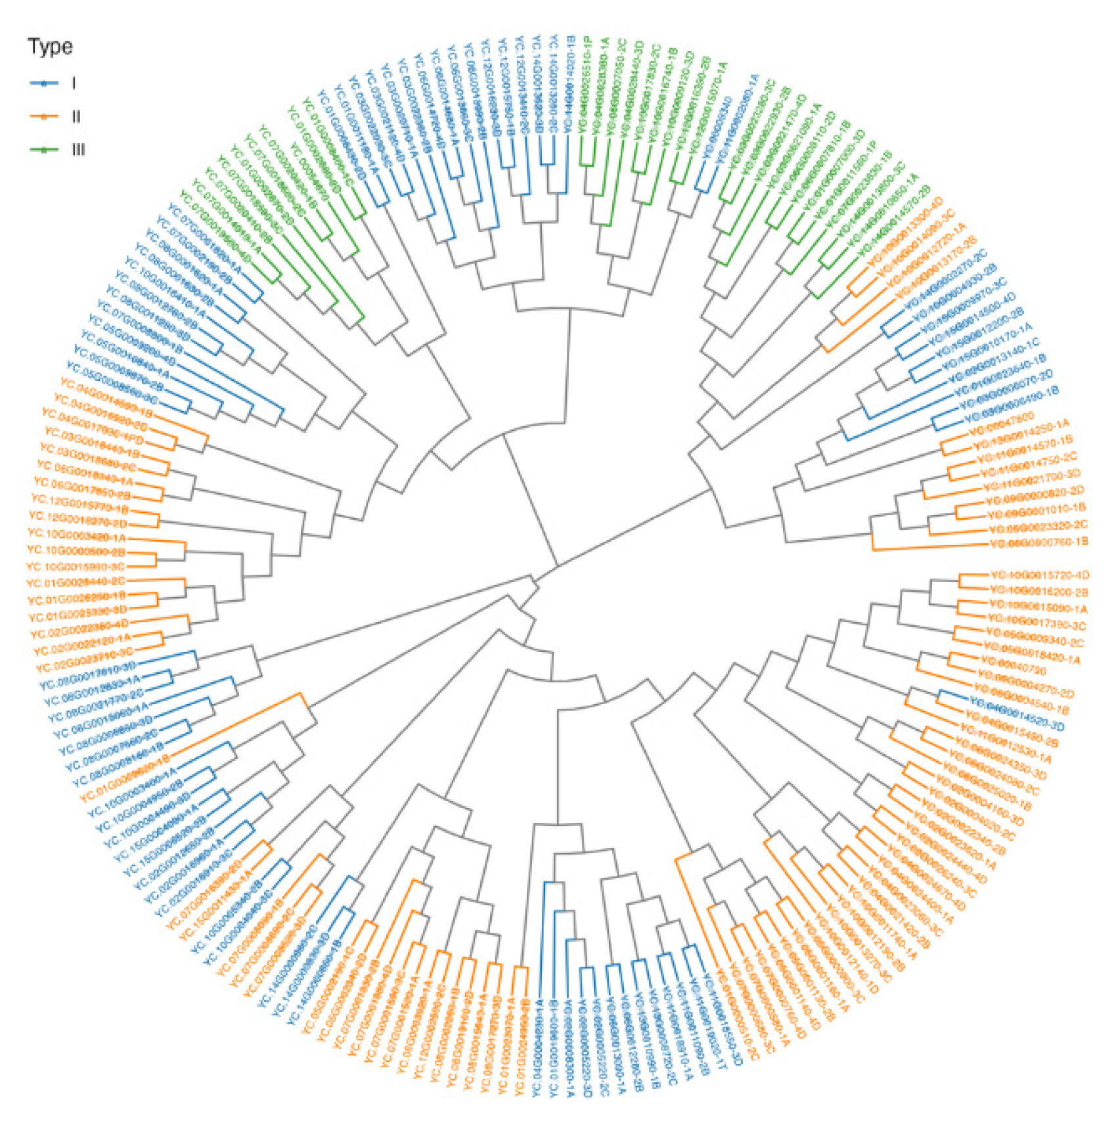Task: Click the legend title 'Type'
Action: click(50, 47)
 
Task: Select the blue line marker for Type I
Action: click(44, 83)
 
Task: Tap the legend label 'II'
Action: click(76, 117)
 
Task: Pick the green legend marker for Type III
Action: click(44, 150)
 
